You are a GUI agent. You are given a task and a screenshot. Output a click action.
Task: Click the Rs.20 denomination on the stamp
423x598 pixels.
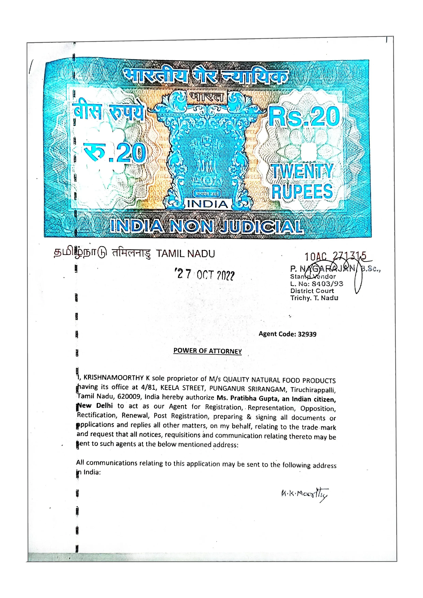coord(304,117)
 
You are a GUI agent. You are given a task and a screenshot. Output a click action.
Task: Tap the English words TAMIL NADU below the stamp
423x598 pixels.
coord(185,254)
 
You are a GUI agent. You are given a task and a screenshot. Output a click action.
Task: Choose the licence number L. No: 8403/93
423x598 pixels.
coord(316,284)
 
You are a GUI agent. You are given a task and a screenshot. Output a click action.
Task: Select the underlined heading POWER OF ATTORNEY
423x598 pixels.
coord(208,351)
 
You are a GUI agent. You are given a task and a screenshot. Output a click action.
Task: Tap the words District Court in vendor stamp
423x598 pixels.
coord(312,291)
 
